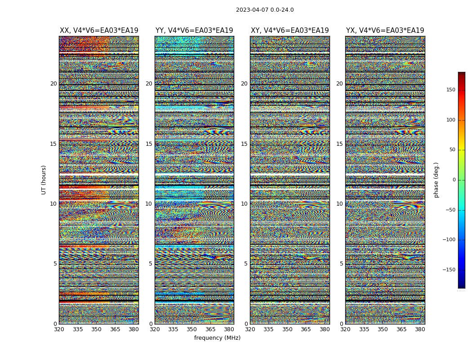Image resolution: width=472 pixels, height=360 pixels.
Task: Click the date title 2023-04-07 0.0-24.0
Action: point(265,10)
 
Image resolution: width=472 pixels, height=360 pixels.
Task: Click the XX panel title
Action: point(99,31)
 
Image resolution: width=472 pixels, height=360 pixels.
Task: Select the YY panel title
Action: point(194,31)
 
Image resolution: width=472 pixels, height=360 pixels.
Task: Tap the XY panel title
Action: point(289,31)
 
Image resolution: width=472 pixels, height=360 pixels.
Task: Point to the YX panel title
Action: point(385,31)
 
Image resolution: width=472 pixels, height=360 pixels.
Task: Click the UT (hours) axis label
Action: point(44,180)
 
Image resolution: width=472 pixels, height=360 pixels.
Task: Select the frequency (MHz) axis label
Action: point(217,338)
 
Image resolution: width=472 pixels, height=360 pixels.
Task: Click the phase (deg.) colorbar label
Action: point(436,180)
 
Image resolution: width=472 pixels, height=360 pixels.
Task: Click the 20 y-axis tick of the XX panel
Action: point(53,84)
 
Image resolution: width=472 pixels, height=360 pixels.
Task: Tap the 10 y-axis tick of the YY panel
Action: point(149,204)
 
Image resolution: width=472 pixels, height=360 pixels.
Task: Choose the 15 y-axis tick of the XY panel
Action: point(244,144)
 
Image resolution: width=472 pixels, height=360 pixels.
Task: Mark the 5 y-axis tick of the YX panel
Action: point(341,264)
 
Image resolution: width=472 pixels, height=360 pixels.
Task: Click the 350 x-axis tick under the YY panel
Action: point(192,329)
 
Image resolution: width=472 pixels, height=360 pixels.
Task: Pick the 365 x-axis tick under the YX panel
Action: point(401,329)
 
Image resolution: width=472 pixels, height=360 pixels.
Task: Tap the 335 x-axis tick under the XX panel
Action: point(78,329)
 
